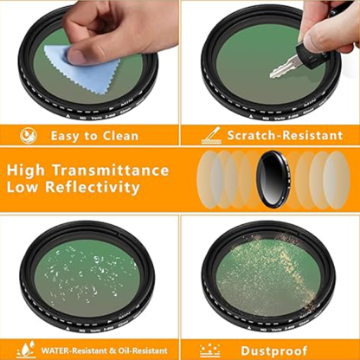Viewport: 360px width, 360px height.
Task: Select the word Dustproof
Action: [x=279, y=349]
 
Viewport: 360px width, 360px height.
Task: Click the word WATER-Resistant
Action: [x=76, y=350]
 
